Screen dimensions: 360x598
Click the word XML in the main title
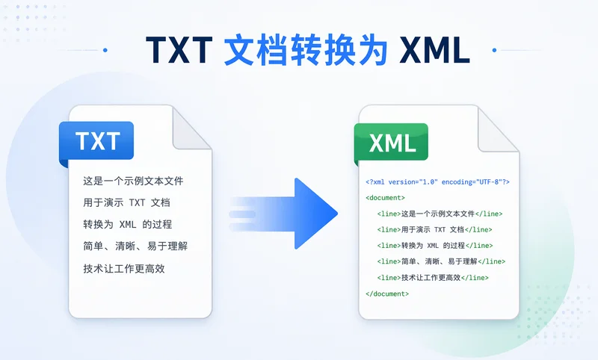click(x=434, y=50)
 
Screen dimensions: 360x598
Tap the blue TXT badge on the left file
click(x=97, y=140)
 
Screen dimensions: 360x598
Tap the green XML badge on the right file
click(x=392, y=142)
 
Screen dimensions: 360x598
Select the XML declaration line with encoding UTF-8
click(x=437, y=181)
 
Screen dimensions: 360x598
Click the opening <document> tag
click(x=386, y=198)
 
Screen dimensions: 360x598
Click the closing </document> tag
click(x=387, y=294)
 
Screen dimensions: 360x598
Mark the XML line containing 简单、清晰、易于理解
click(x=441, y=261)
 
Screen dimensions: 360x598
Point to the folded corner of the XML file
click(x=499, y=131)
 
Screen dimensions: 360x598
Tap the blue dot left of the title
click(x=105, y=50)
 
